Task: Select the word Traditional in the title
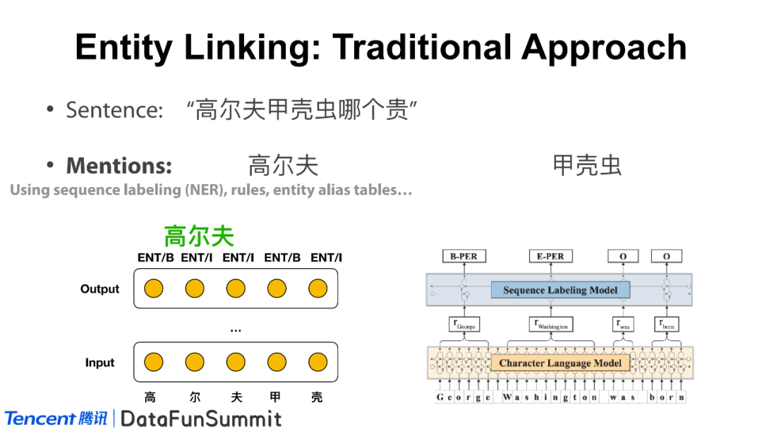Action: tap(423, 48)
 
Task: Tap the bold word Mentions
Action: tap(119, 166)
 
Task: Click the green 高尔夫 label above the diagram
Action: tap(199, 236)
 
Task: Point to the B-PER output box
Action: tap(464, 256)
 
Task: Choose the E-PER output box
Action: tap(550, 256)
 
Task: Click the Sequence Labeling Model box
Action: tap(560, 290)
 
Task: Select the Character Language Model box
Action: tap(560, 363)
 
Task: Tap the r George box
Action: tap(463, 325)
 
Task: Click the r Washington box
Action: tap(550, 325)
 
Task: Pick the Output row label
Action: tap(100, 289)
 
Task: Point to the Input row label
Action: tap(100, 363)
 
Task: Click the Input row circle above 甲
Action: tap(277, 363)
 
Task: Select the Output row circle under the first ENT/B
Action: tap(154, 289)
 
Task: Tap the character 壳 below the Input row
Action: tap(317, 398)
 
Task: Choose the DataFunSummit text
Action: tap(201, 418)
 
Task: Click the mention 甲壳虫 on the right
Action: tap(587, 166)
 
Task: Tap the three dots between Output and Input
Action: tap(236, 330)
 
